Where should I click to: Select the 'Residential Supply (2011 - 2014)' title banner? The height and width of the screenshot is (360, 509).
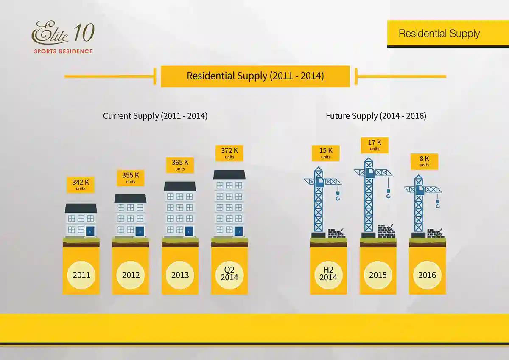pos(255,76)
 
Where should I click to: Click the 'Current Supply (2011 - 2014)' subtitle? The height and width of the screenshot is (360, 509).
pos(155,115)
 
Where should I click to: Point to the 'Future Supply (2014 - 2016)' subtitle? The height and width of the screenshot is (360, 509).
pos(376,115)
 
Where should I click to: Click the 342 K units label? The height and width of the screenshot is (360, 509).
pos(81,185)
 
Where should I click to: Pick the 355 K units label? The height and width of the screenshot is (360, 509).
pos(131,177)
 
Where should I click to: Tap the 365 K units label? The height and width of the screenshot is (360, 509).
pos(180,165)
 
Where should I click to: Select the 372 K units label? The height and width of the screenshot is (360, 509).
pos(229,153)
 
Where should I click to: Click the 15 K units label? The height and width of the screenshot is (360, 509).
pos(326,153)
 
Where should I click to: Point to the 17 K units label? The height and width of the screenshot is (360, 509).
pos(375,145)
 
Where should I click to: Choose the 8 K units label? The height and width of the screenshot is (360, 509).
pos(424,161)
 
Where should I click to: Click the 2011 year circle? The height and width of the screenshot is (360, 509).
pos(81,275)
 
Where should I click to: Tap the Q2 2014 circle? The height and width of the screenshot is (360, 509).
pos(229,275)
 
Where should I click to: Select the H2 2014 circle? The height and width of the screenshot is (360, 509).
pos(328,275)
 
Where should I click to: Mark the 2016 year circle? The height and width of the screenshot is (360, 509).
pos(427,275)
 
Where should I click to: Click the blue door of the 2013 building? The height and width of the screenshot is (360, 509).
pos(189,231)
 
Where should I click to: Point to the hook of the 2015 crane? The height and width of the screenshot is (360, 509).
pos(388,195)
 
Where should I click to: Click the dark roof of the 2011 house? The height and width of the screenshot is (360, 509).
pos(81,208)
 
